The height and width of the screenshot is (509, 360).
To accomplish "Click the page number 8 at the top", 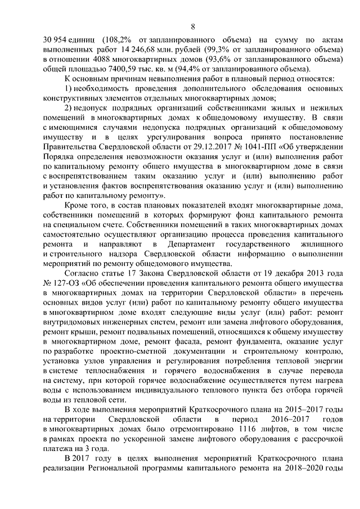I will click(x=193, y=26).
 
